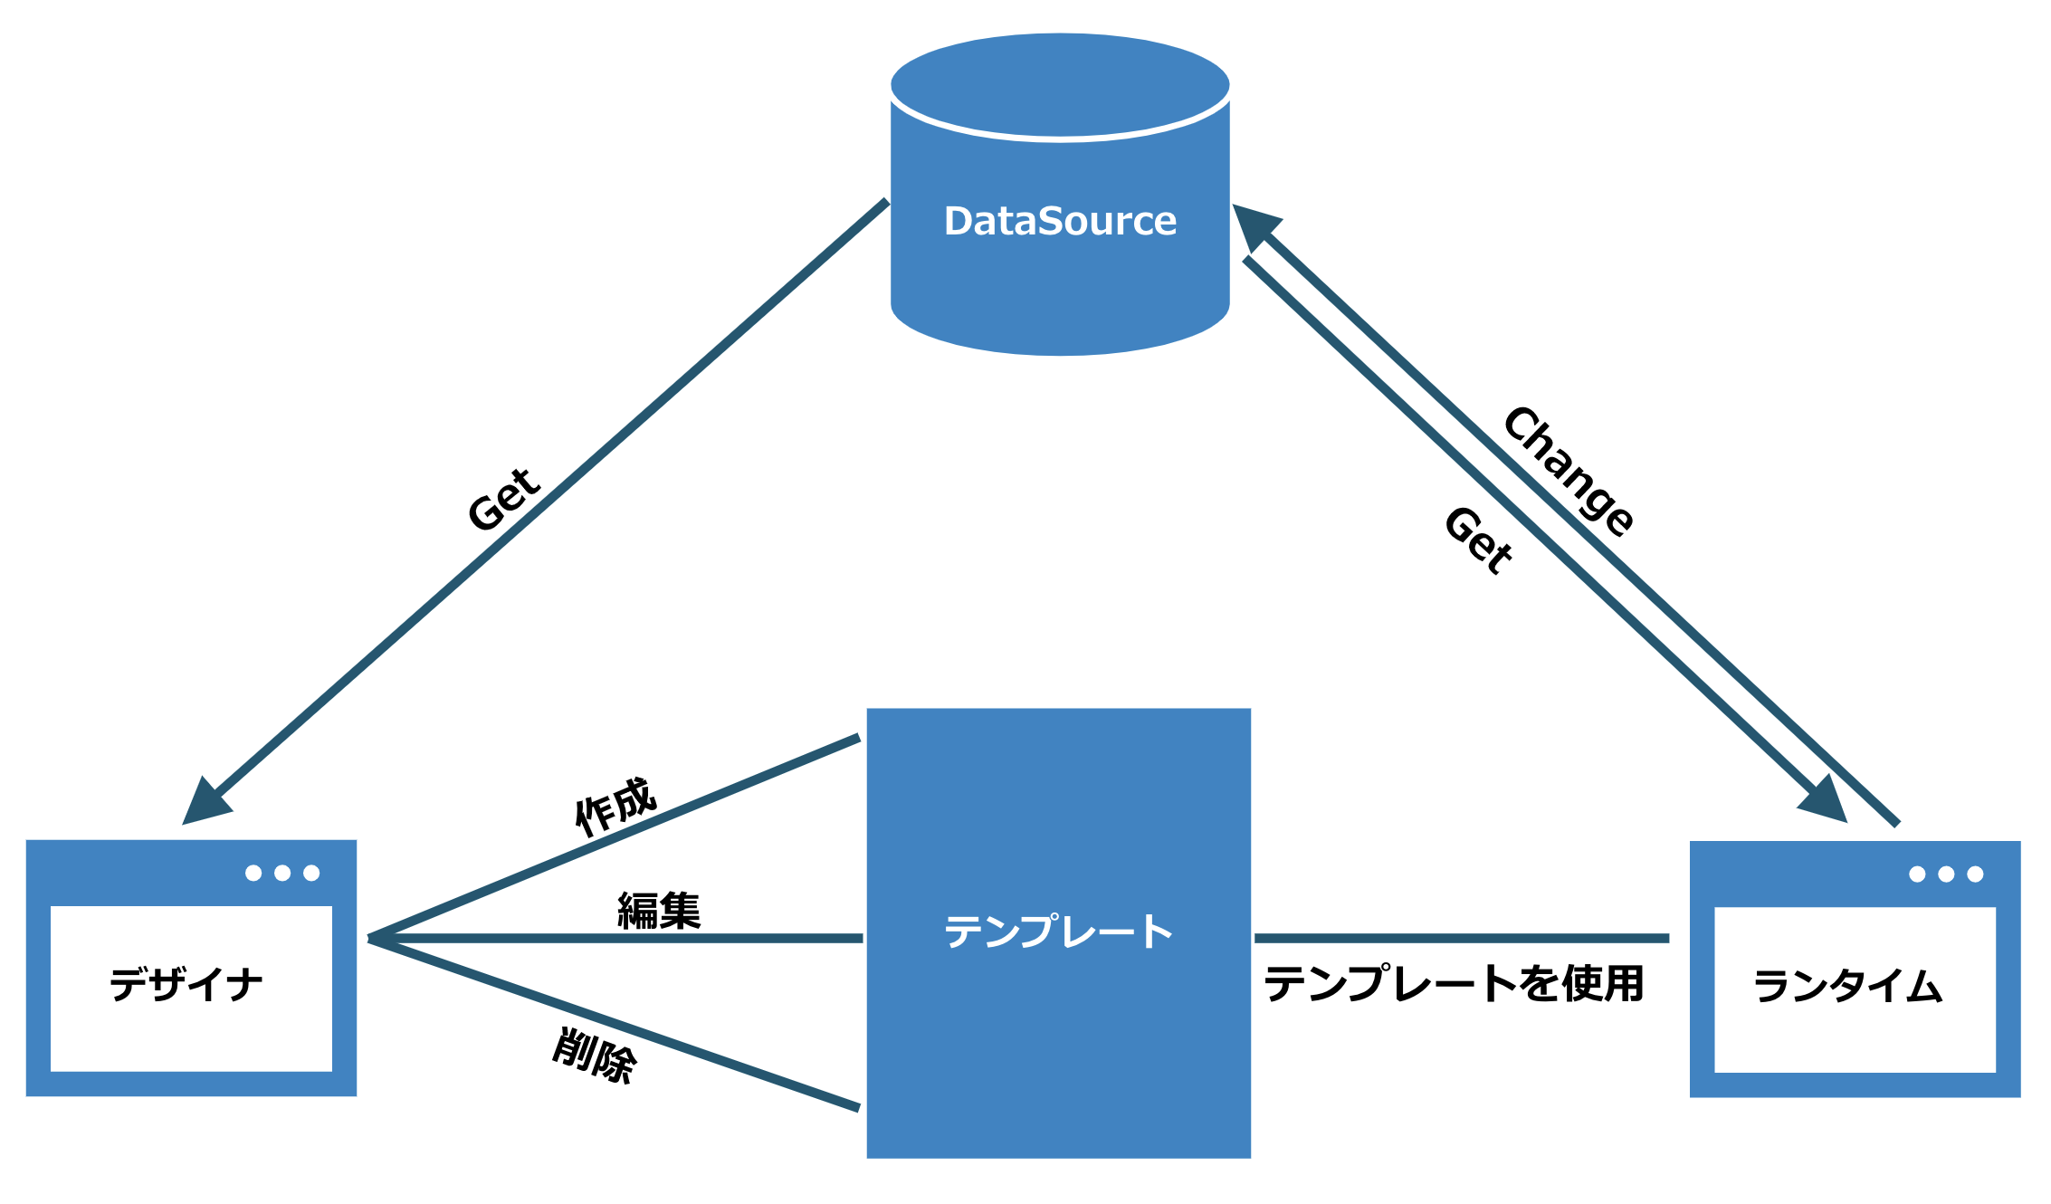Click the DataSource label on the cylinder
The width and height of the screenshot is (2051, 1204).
click(x=1060, y=221)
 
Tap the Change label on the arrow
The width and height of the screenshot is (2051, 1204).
click(x=1569, y=471)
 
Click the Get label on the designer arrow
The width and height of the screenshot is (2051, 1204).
click(x=504, y=499)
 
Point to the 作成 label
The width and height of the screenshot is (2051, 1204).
click(x=615, y=805)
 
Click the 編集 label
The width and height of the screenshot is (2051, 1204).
click(x=659, y=911)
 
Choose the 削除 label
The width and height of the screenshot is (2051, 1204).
click(x=595, y=1056)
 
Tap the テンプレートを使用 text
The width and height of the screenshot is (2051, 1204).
click(x=1454, y=983)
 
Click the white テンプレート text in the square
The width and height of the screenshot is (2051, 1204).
click(x=1059, y=932)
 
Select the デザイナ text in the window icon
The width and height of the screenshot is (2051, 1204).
click(x=186, y=984)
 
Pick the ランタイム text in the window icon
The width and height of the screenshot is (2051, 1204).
click(x=1848, y=985)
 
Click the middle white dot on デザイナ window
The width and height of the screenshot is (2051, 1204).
click(x=282, y=873)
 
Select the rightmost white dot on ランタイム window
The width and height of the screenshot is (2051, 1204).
click(x=1975, y=874)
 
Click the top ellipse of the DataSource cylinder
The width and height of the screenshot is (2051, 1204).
click(x=1060, y=86)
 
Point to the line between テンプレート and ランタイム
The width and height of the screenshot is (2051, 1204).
click(x=1462, y=939)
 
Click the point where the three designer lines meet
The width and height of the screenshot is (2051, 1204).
click(x=369, y=939)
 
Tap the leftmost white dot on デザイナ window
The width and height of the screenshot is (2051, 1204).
click(x=253, y=873)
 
